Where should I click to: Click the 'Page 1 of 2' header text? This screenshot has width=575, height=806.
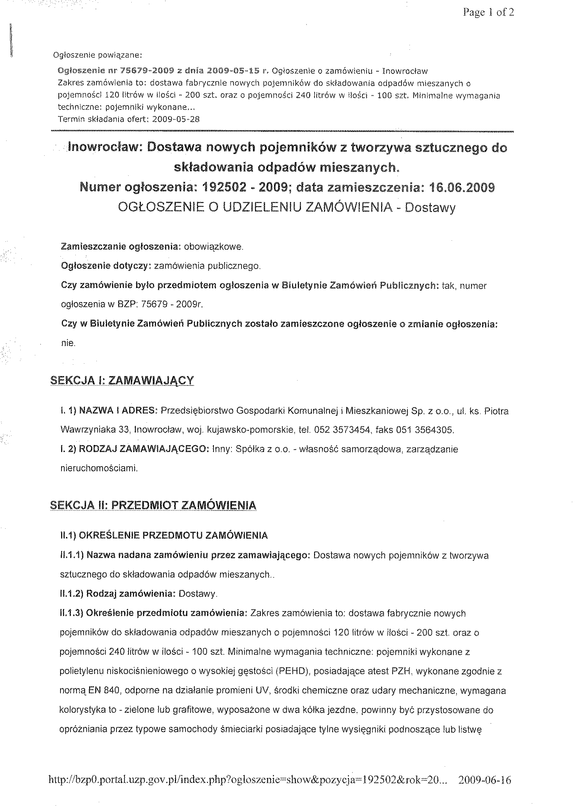click(x=488, y=13)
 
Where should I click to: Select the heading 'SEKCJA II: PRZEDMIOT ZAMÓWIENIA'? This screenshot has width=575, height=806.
click(x=153, y=505)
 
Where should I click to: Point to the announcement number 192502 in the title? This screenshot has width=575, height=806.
click(x=224, y=187)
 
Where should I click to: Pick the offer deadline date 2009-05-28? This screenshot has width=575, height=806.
click(x=176, y=119)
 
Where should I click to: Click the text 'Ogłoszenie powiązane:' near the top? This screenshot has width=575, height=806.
click(x=97, y=55)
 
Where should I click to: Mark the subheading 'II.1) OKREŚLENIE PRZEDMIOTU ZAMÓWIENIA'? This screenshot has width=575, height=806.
click(x=164, y=536)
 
